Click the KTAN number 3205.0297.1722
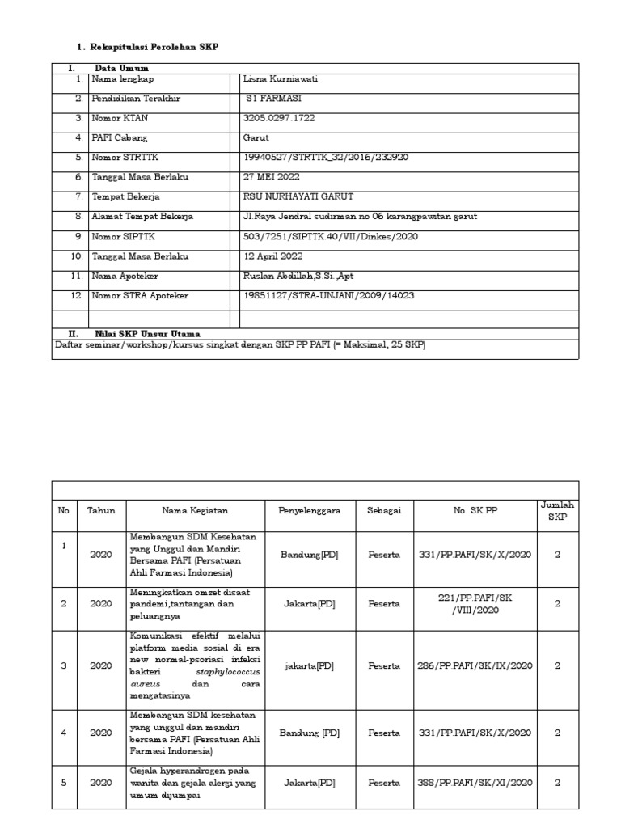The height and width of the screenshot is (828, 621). tap(279, 118)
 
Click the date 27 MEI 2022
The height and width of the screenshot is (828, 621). tap(272, 177)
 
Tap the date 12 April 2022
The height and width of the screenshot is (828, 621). tap(273, 256)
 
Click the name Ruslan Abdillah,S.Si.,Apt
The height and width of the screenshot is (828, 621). tap(298, 276)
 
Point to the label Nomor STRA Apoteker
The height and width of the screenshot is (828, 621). tap(140, 296)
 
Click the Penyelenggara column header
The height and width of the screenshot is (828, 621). tap(310, 511)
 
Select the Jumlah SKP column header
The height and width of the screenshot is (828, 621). tap(556, 510)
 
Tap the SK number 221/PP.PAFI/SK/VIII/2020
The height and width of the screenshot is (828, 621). tap(475, 603)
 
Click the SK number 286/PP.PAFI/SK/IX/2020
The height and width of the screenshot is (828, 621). tap(475, 666)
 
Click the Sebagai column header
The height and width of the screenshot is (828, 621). tap(384, 511)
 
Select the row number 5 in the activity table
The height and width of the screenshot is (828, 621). tap(63, 782)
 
